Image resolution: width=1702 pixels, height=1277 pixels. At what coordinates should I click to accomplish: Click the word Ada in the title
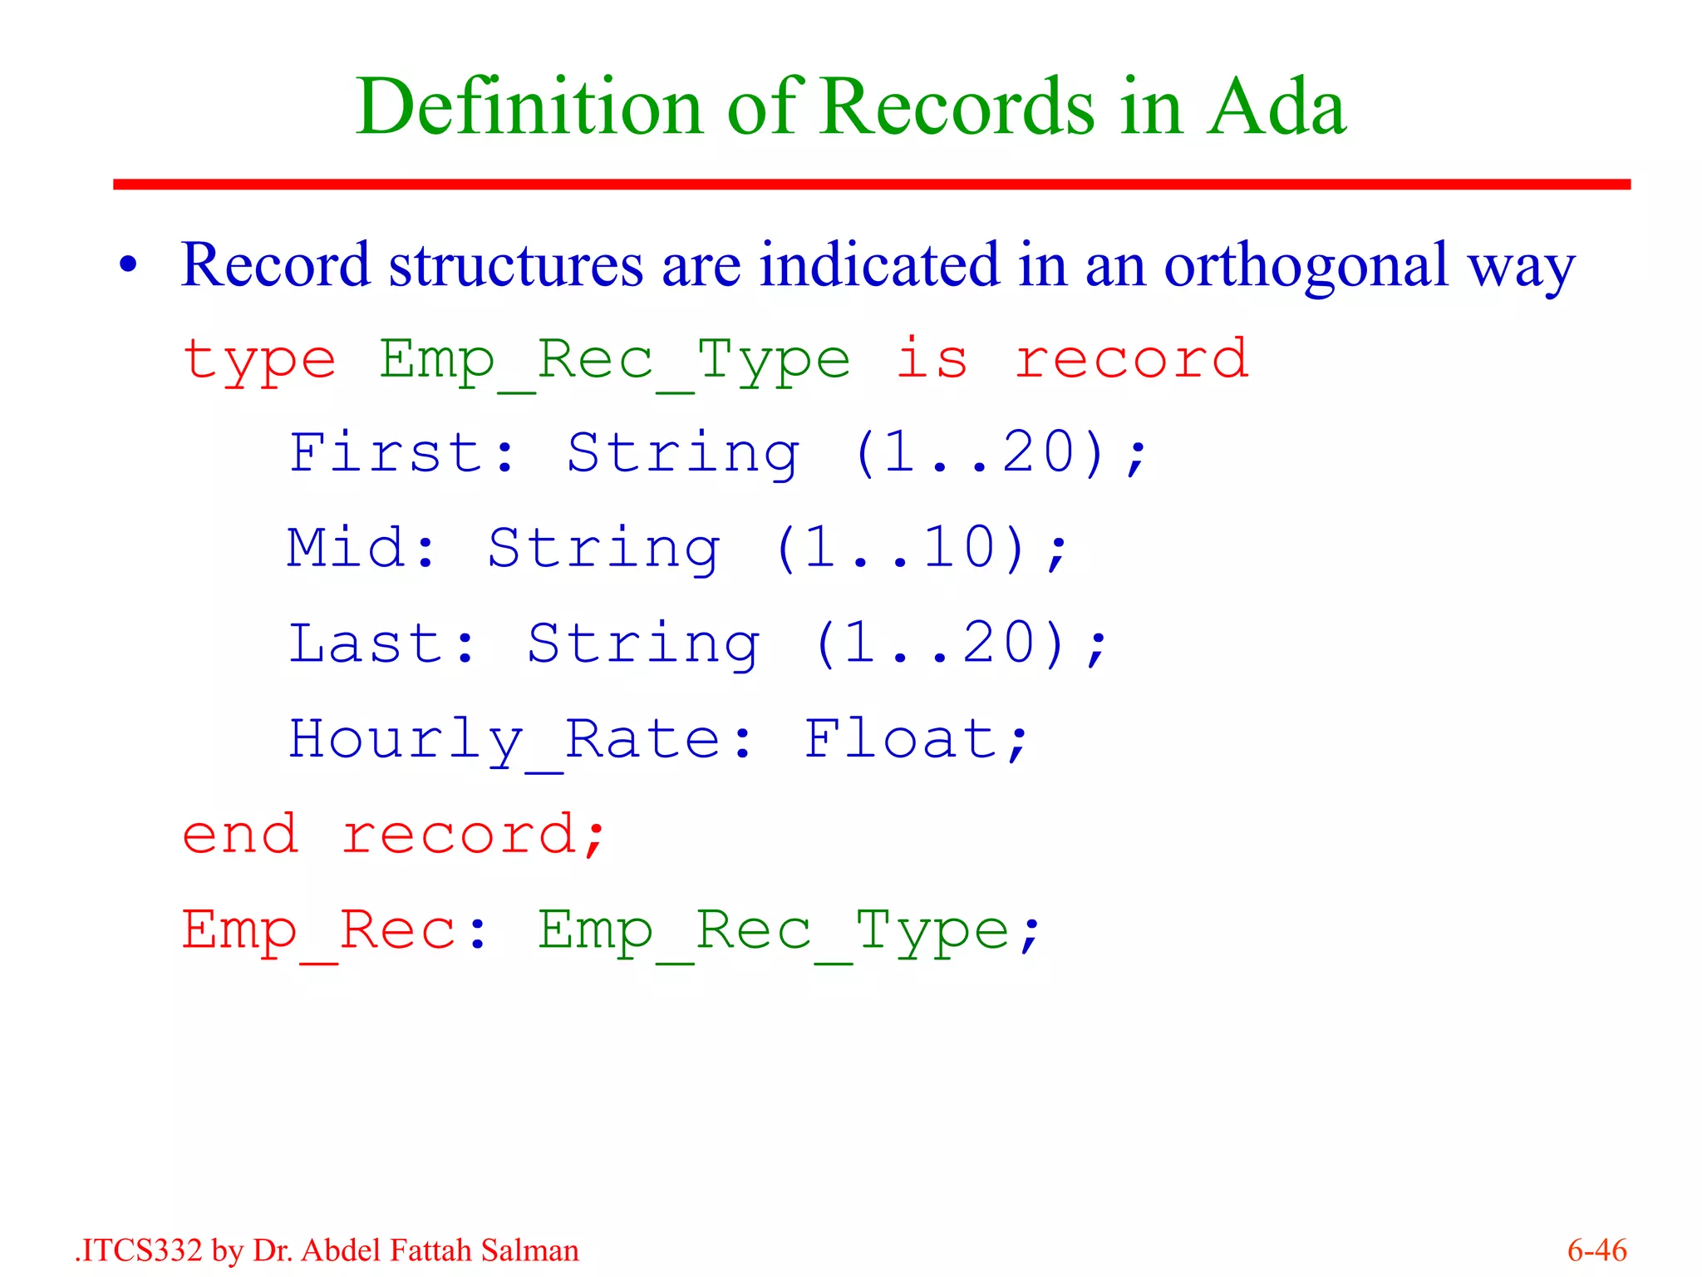click(x=1276, y=108)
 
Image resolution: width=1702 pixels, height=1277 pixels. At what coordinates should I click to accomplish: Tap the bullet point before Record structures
click(x=128, y=265)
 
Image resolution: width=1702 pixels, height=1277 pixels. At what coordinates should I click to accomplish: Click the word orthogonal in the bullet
click(x=1306, y=265)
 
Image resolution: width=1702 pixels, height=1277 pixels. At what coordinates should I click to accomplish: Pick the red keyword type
click(x=259, y=361)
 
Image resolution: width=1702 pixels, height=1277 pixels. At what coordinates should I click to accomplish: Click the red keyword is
click(x=932, y=359)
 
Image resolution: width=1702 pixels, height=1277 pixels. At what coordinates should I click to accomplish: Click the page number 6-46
click(x=1596, y=1250)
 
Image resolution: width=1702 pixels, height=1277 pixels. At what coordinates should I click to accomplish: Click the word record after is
click(x=1131, y=359)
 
